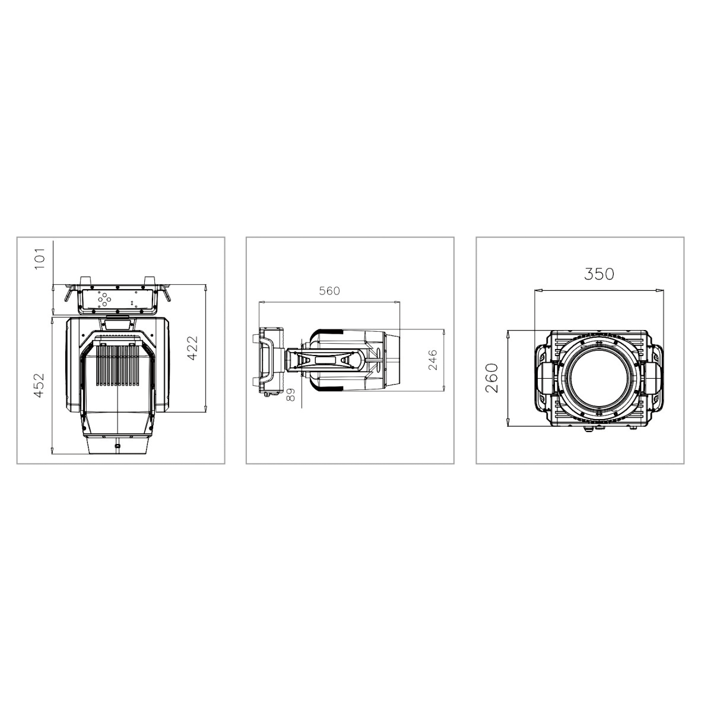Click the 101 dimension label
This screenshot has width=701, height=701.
click(x=40, y=259)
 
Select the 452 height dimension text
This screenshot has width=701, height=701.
click(x=39, y=385)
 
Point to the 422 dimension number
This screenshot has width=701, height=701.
click(x=192, y=348)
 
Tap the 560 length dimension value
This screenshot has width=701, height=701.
click(x=329, y=291)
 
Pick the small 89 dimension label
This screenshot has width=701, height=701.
click(x=291, y=395)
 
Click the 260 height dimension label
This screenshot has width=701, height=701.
click(x=492, y=378)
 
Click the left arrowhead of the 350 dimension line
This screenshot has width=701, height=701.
click(x=537, y=290)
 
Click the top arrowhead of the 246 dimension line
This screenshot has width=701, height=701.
click(x=444, y=331)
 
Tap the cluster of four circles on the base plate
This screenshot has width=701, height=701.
click(x=103, y=299)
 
